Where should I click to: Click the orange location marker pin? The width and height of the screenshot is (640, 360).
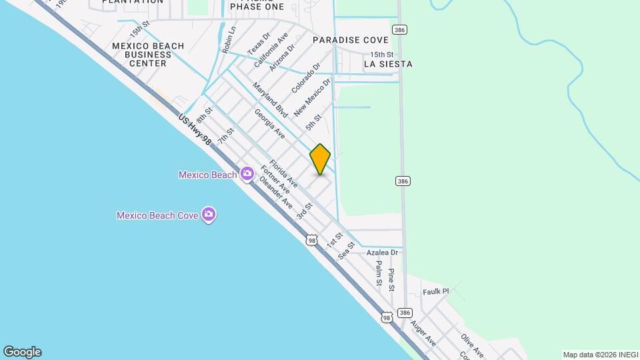click(320, 159)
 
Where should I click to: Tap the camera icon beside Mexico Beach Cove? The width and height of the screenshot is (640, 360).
click(209, 215)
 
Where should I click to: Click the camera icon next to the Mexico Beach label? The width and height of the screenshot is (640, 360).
click(247, 174)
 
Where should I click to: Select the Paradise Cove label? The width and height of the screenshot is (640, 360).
click(351, 40)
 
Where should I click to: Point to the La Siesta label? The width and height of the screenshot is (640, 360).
click(388, 64)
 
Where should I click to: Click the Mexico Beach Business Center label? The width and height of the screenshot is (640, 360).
click(148, 55)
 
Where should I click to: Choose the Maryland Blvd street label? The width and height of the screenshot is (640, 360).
click(269, 101)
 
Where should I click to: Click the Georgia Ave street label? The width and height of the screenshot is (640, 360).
click(270, 124)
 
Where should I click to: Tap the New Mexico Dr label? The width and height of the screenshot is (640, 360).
click(313, 99)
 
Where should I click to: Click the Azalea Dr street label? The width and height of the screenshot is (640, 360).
click(382, 253)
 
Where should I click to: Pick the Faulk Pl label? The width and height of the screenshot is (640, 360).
click(436, 291)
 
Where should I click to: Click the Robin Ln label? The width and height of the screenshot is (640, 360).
click(229, 40)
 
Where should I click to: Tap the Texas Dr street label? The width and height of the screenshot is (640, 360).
click(259, 44)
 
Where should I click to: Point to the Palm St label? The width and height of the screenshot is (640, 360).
click(378, 273)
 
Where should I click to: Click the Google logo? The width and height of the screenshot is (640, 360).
click(22, 352)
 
